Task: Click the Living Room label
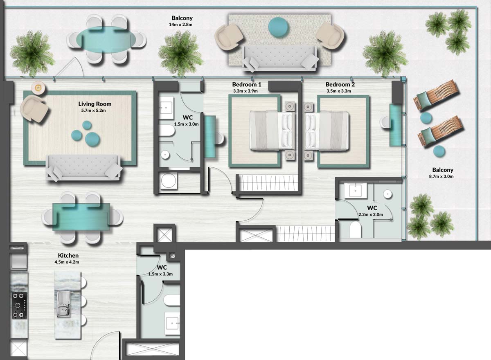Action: click(95, 104)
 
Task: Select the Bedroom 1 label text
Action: click(247, 85)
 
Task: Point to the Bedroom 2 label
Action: click(340, 85)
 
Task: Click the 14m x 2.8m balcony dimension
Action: click(182, 25)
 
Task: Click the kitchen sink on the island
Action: click(63, 304)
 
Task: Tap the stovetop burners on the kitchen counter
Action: click(19, 305)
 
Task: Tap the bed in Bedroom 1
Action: click(273, 130)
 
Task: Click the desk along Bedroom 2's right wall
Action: click(396, 125)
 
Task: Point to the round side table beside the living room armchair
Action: click(38, 88)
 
